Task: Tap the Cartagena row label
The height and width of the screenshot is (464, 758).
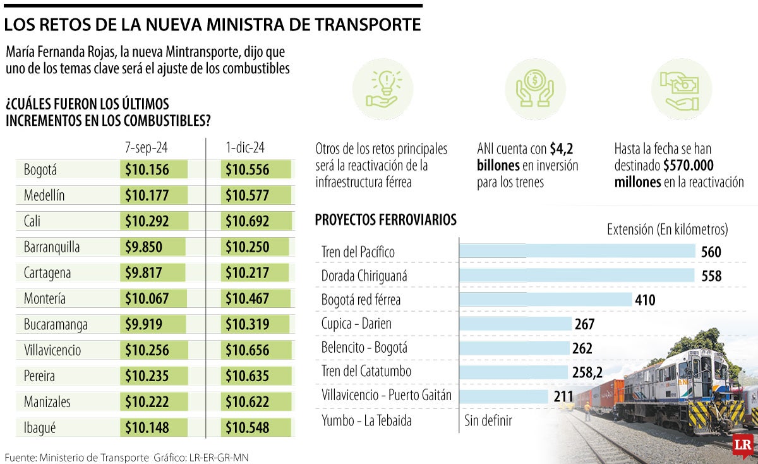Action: [47, 273]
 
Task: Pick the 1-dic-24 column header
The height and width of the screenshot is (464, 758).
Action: [245, 148]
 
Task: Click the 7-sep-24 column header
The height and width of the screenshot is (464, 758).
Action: [147, 148]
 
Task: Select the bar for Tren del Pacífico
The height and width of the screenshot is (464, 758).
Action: [577, 252]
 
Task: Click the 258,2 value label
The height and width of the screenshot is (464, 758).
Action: [587, 372]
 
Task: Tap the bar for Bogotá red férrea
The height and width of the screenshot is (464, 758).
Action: [545, 300]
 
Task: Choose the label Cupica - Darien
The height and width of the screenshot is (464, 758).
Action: [356, 324]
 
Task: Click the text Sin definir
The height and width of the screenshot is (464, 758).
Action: [488, 420]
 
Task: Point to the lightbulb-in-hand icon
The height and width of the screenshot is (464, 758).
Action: [383, 90]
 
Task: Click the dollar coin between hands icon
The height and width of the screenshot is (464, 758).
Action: [535, 90]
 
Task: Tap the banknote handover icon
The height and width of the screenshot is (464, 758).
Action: [681, 90]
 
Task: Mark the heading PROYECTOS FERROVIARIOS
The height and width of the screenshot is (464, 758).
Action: [385, 220]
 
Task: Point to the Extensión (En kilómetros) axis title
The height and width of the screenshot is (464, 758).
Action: [667, 229]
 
